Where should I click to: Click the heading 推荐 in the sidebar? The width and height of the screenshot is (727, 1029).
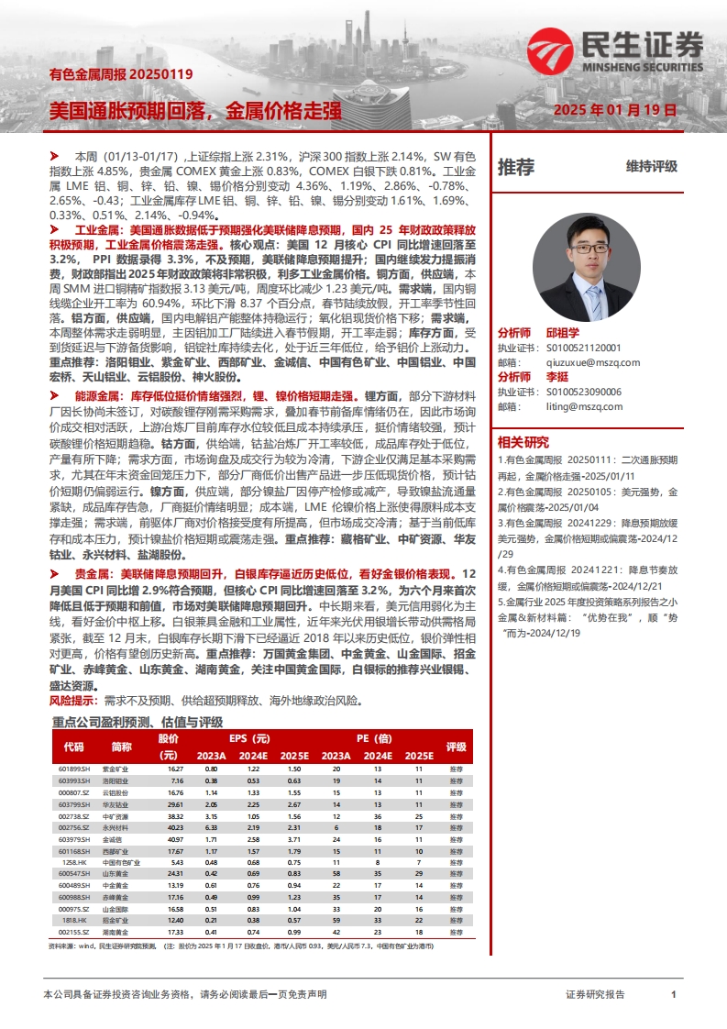click(x=516, y=167)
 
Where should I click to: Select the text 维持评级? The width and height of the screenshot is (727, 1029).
click(x=652, y=167)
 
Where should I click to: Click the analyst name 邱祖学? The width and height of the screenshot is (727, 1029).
click(x=564, y=333)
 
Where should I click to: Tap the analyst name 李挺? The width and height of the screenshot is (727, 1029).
click(x=556, y=377)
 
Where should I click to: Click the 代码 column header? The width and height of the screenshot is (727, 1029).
click(x=74, y=747)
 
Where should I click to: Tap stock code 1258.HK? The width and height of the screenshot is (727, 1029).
click(x=74, y=862)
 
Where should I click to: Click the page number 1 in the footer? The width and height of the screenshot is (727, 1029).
click(x=674, y=994)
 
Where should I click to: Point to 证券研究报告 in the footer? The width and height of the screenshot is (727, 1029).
click(x=595, y=994)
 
